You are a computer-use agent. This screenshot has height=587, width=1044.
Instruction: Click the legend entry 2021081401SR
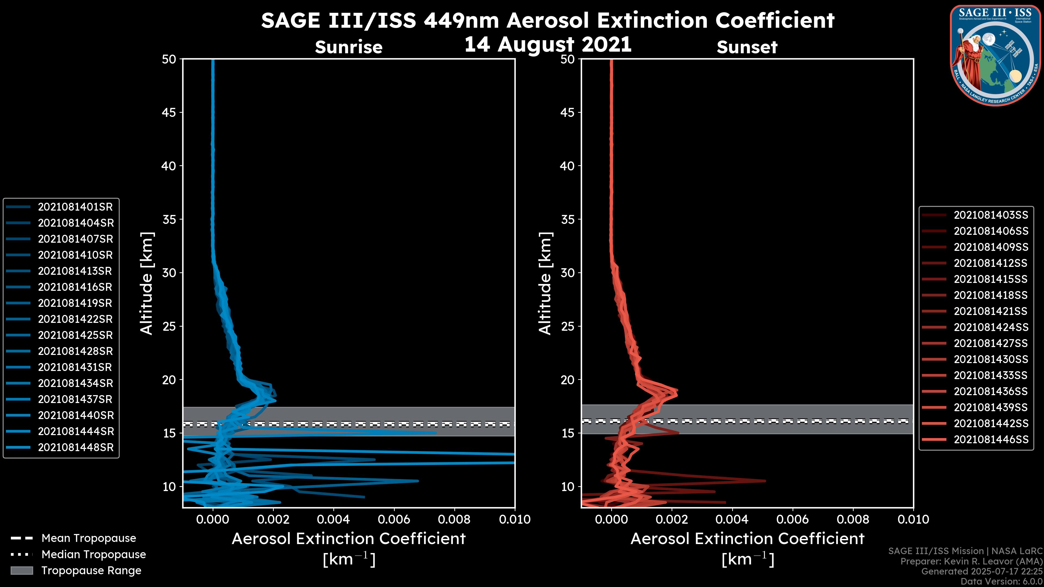pos(75,207)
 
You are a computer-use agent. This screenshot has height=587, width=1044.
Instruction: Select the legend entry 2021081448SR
pos(76,448)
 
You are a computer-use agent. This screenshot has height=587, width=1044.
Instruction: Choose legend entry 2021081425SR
pos(75,335)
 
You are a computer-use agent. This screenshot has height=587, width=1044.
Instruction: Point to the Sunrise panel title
pos(349,47)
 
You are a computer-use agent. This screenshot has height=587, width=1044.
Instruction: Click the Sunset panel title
pos(747,47)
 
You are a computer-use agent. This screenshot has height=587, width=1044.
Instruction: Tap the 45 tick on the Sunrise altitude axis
pos(169,113)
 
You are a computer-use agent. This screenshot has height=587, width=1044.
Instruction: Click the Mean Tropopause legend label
pos(89,538)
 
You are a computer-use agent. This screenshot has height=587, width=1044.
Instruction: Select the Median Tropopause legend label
pos(94,555)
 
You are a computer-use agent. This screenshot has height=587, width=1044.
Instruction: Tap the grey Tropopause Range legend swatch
pos(21,571)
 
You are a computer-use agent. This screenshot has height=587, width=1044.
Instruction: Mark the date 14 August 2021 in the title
pos(548,44)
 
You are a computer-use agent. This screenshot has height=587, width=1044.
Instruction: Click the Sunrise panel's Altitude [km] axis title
pos(147,283)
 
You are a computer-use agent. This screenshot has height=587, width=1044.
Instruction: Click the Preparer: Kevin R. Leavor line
pos(971,561)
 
